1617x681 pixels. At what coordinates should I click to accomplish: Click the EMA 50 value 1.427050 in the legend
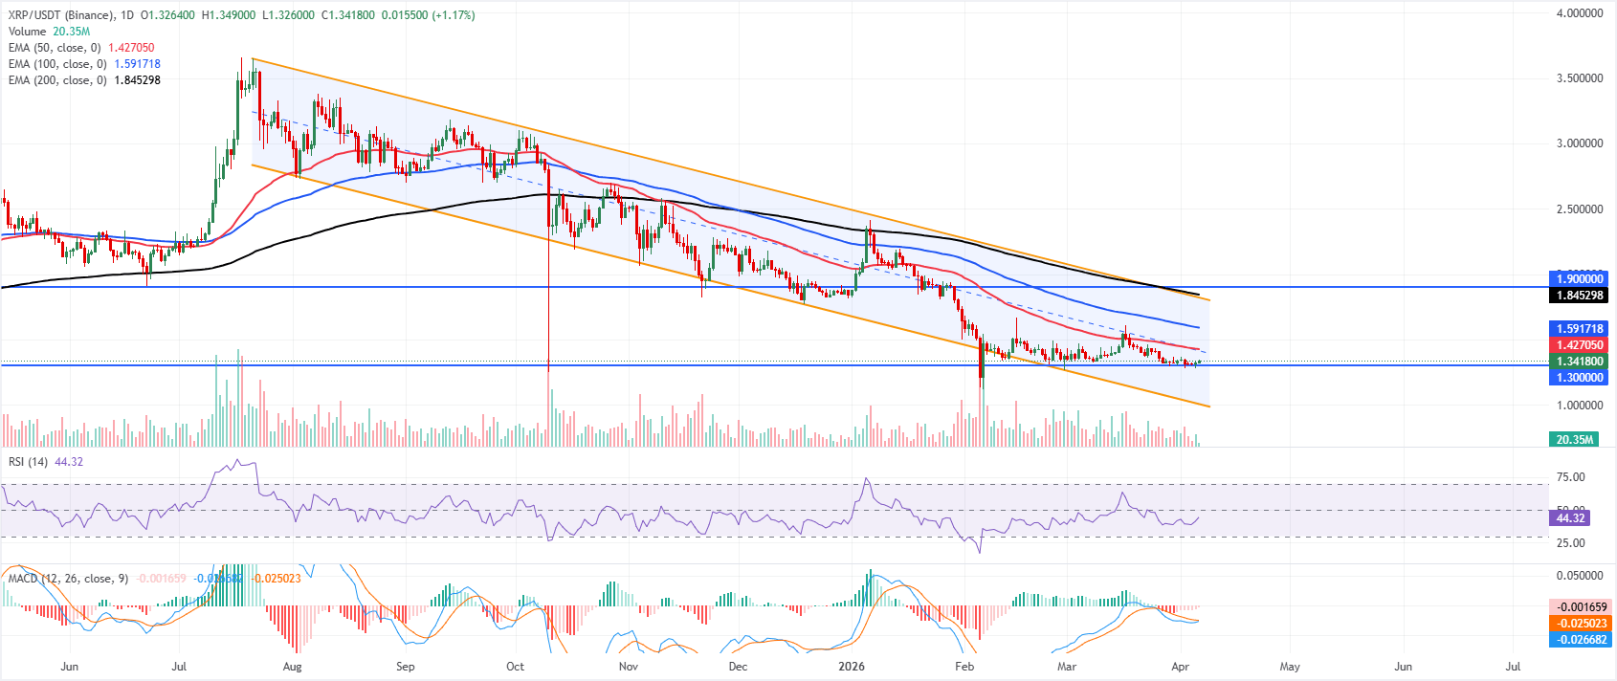pyautogui.click(x=131, y=48)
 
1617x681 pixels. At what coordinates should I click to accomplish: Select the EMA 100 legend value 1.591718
pyautogui.click(x=137, y=64)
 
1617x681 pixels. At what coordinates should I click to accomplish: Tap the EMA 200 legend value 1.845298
pyautogui.click(x=137, y=80)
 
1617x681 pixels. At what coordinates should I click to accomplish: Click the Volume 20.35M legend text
pyautogui.click(x=71, y=32)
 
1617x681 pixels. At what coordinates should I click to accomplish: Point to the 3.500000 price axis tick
pyautogui.click(x=1579, y=78)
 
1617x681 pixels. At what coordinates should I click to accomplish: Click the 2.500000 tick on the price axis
pyautogui.click(x=1579, y=209)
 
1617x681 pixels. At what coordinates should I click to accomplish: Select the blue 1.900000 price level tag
pyautogui.click(x=1579, y=279)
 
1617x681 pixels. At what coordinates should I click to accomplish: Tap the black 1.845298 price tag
pyautogui.click(x=1579, y=296)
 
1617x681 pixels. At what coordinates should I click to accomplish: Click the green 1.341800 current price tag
pyautogui.click(x=1579, y=362)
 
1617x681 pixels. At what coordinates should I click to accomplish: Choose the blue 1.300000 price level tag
pyautogui.click(x=1579, y=378)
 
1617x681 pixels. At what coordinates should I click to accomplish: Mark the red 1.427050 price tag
pyautogui.click(x=1579, y=345)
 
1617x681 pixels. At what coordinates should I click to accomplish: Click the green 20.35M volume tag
pyautogui.click(x=1574, y=440)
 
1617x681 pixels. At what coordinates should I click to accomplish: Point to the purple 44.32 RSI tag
pyautogui.click(x=1566, y=517)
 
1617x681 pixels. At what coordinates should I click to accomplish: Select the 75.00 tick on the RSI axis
pyautogui.click(x=1571, y=477)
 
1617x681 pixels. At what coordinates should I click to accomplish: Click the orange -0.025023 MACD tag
pyautogui.click(x=1579, y=624)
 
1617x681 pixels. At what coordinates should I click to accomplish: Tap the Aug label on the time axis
pyautogui.click(x=293, y=667)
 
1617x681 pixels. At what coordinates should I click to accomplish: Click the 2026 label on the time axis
pyautogui.click(x=851, y=667)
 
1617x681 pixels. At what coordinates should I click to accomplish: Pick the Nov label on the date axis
pyautogui.click(x=628, y=667)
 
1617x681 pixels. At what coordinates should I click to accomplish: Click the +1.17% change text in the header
pyautogui.click(x=453, y=15)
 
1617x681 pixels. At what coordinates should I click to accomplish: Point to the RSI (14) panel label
pyautogui.click(x=28, y=462)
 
